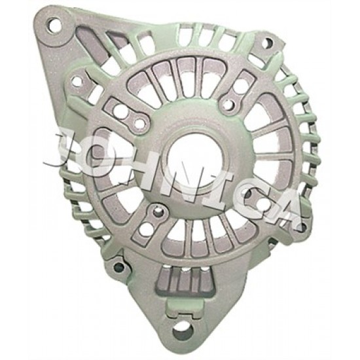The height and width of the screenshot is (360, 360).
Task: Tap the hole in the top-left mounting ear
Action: (55, 25)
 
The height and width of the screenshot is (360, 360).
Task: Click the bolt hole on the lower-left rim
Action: (119, 266)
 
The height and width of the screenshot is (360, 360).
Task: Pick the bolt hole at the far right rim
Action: (302, 227)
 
